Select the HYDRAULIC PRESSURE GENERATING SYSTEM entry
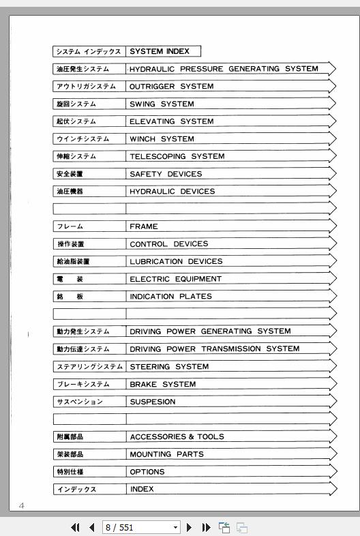[224, 69]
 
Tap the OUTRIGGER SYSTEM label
[171, 87]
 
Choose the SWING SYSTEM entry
[162, 104]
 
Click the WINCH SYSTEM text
[162, 139]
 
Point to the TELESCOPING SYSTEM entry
[177, 156]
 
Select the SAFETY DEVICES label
[166, 174]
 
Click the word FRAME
[144, 226]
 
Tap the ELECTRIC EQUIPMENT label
[175, 279]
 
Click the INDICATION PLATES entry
[170, 297]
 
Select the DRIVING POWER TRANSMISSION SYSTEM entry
[214, 349]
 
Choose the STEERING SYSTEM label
[169, 367]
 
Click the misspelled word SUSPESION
[152, 402]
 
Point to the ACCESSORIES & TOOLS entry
[177, 436]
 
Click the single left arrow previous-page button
[91, 527]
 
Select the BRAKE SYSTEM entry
[162, 384]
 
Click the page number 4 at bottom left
[21, 505]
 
